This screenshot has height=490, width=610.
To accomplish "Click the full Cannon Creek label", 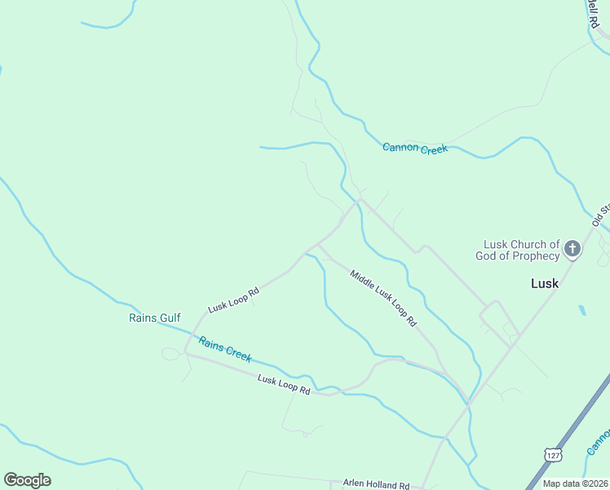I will point(415,148).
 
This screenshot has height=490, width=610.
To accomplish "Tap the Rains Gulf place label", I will point(154,318).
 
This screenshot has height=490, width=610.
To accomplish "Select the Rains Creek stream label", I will point(225,350).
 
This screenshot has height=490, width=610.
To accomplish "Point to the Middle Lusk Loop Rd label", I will point(383,298).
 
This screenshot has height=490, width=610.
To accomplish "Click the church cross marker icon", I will point(572,248).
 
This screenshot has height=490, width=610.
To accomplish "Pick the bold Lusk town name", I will point(545,283).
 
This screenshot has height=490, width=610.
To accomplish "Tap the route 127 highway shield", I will point(552,452).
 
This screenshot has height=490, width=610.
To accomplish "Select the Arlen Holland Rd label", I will point(376,484).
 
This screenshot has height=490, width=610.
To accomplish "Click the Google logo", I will point(27,479).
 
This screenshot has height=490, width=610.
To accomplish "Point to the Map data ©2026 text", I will point(574,483).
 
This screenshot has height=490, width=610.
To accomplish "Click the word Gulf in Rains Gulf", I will point(170,318).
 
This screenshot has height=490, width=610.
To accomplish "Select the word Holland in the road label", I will point(382,484).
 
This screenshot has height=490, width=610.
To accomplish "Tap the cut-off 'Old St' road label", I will point(601,214).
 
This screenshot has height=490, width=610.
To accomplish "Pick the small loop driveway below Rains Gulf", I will point(170,354).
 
